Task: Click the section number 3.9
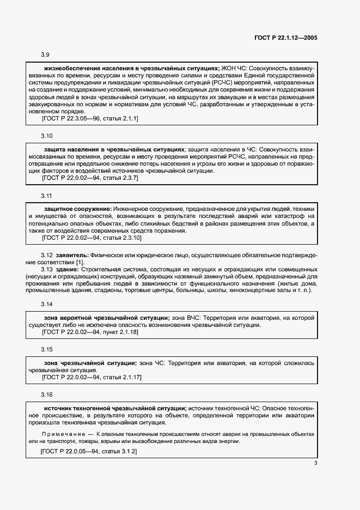tap(45, 55)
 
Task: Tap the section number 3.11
tap(47, 196)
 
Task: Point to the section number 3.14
tap(47, 303)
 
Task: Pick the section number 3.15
tap(47, 349)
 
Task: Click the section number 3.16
tap(47, 394)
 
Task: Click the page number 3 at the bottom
tap(315, 464)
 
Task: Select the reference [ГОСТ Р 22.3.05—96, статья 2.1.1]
tap(90, 118)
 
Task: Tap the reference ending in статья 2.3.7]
tap(90, 178)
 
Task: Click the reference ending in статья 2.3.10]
tap(91, 238)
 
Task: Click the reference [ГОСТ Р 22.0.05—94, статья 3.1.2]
tap(89, 452)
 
